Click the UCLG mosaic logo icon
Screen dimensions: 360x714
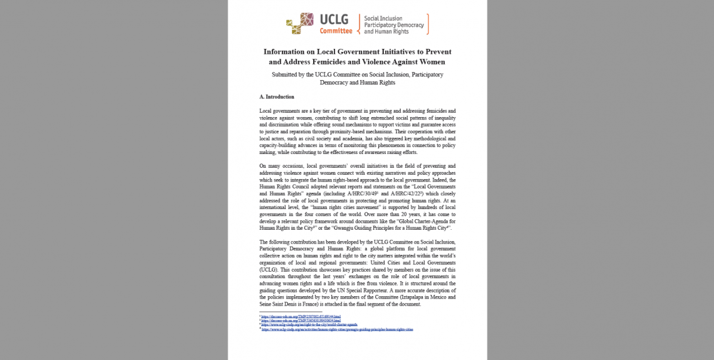pyautogui.click(x=300, y=23)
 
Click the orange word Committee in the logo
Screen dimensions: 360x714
pyautogui.click(x=336, y=31)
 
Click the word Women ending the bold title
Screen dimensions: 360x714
pyautogui.click(x=432, y=62)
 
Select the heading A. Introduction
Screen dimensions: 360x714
pyautogui.click(x=277, y=97)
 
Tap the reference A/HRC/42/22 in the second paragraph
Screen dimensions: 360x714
pyautogui.click(x=410, y=194)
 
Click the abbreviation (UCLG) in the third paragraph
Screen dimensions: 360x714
pyautogui.click(x=269, y=269)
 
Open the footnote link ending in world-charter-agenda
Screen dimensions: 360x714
pyautogui.click(x=309, y=325)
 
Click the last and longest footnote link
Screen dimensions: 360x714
pyautogui.click(x=337, y=329)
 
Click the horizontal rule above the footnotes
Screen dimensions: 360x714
pyautogui.click(x=291, y=312)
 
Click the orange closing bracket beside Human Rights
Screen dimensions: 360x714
pyautogui.click(x=428, y=24)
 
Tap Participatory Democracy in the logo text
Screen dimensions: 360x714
pyautogui.click(x=394, y=25)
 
